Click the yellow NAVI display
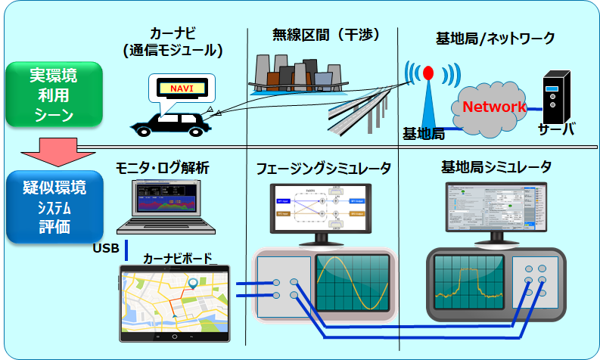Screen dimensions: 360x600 [182, 89]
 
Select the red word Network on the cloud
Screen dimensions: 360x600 [494, 107]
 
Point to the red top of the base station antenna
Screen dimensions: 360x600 [427, 73]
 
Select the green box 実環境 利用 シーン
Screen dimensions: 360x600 [54, 95]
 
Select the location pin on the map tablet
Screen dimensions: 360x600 [195, 284]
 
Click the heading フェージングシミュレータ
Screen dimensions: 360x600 [323, 168]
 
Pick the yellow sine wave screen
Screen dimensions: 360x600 [353, 284]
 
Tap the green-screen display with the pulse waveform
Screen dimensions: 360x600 [470, 284]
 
